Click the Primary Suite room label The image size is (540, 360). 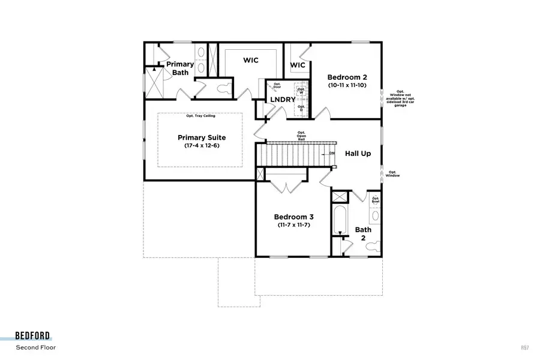pyautogui.click(x=200, y=137)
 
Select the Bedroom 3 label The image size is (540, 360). pyautogui.click(x=293, y=217)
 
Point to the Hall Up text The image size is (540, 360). pyautogui.click(x=358, y=154)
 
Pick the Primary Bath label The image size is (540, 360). pyautogui.click(x=180, y=68)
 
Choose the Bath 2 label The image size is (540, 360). pyautogui.click(x=363, y=233)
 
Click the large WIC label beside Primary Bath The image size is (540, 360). pyautogui.click(x=251, y=61)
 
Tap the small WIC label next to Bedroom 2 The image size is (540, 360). pyautogui.click(x=298, y=65)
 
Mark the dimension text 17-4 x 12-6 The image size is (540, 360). pyautogui.click(x=200, y=146)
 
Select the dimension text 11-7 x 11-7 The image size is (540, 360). pyautogui.click(x=293, y=225)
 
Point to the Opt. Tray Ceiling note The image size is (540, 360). pyautogui.click(x=200, y=115)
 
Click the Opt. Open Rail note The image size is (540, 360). pyautogui.click(x=301, y=136)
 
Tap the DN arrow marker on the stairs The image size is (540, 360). pyautogui.click(x=331, y=153)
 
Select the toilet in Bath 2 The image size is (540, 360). pyautogui.click(x=374, y=245)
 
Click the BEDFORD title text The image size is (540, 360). pyautogui.click(x=33, y=336)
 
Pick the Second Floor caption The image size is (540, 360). pyautogui.click(x=36, y=347)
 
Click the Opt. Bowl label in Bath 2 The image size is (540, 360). pyautogui.click(x=376, y=200)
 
